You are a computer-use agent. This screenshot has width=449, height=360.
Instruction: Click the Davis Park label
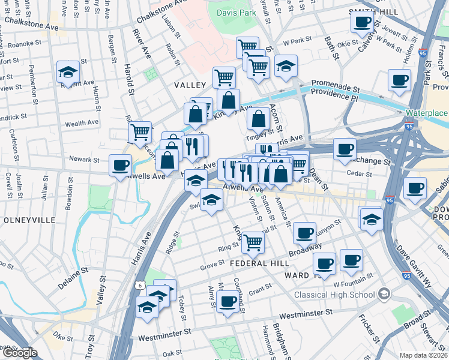tap(234, 11)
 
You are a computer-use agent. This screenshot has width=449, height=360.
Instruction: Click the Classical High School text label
tap(334, 295)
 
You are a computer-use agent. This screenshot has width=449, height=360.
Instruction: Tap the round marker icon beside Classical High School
tap(384, 295)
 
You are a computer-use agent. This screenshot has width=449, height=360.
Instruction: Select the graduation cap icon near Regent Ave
tap(68, 73)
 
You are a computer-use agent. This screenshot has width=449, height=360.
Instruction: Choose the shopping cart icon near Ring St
tap(253, 242)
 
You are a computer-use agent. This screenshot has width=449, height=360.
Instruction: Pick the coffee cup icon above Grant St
tap(228, 301)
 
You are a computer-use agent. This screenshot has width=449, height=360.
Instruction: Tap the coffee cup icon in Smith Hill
tap(362, 22)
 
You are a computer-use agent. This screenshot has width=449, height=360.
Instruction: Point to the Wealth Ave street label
tap(82, 123)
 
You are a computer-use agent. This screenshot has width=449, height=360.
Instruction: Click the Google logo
tap(19, 353)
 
